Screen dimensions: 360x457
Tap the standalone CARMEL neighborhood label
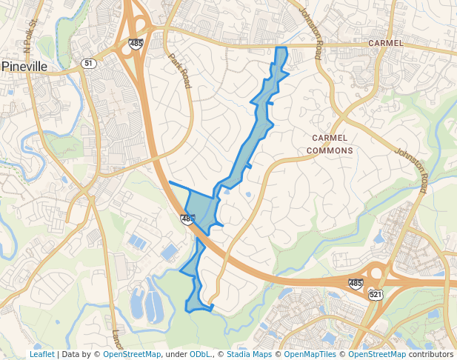[x=386, y=43]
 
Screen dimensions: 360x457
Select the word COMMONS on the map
[x=331, y=150]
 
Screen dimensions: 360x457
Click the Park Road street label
[x=180, y=70]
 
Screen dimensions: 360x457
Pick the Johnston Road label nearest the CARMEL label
[x=310, y=33]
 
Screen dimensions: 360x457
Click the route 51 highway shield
[x=89, y=64]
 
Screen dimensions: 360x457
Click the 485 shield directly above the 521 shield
[x=356, y=283]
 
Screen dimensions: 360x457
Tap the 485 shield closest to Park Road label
[x=135, y=44]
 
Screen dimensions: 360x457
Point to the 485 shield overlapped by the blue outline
[x=187, y=219]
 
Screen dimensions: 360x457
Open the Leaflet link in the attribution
[x=41, y=354]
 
